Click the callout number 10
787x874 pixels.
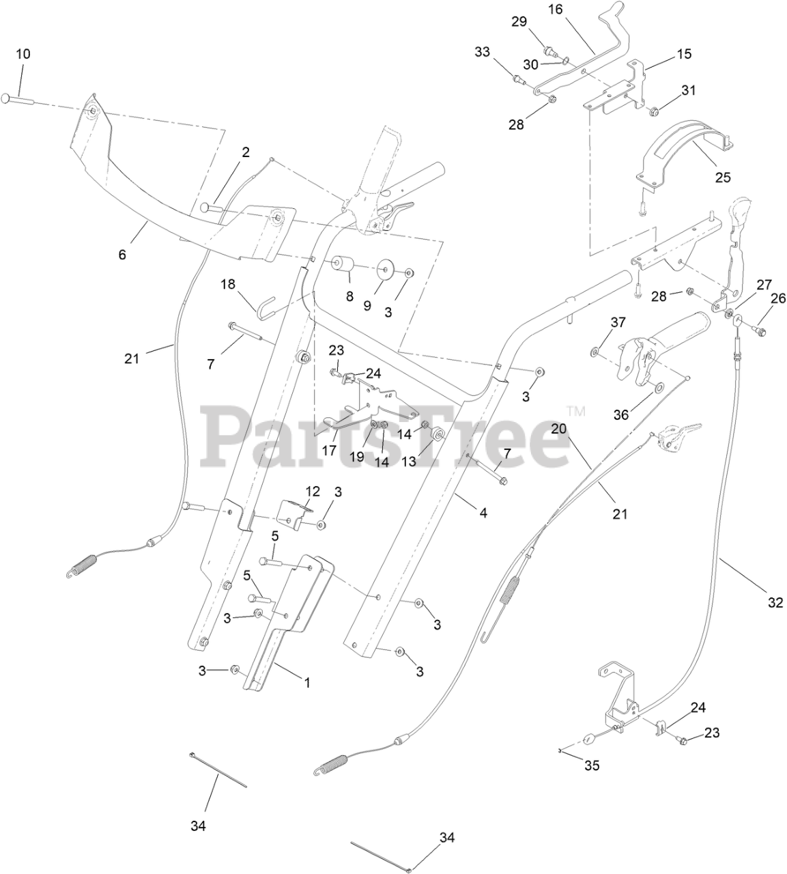[23, 54]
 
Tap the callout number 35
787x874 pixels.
[592, 765]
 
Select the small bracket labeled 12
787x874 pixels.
[294, 511]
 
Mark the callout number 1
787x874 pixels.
[306, 682]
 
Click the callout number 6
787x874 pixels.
[122, 255]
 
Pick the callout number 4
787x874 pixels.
[483, 512]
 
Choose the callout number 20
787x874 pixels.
[559, 429]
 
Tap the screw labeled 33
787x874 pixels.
[520, 81]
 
